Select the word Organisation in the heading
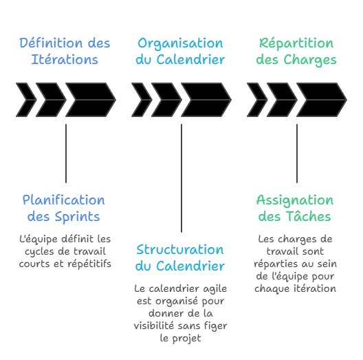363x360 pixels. [x=180, y=43]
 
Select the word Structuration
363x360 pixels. [x=179, y=250]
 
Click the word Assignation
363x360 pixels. [x=294, y=200]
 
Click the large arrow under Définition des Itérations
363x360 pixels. [x=89, y=100]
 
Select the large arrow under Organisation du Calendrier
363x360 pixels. [x=205, y=100]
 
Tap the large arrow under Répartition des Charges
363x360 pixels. [x=320, y=100]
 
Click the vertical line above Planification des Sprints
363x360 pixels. [x=66, y=153]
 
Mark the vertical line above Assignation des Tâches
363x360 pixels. [x=297, y=153]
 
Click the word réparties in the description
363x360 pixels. [x=276, y=264]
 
